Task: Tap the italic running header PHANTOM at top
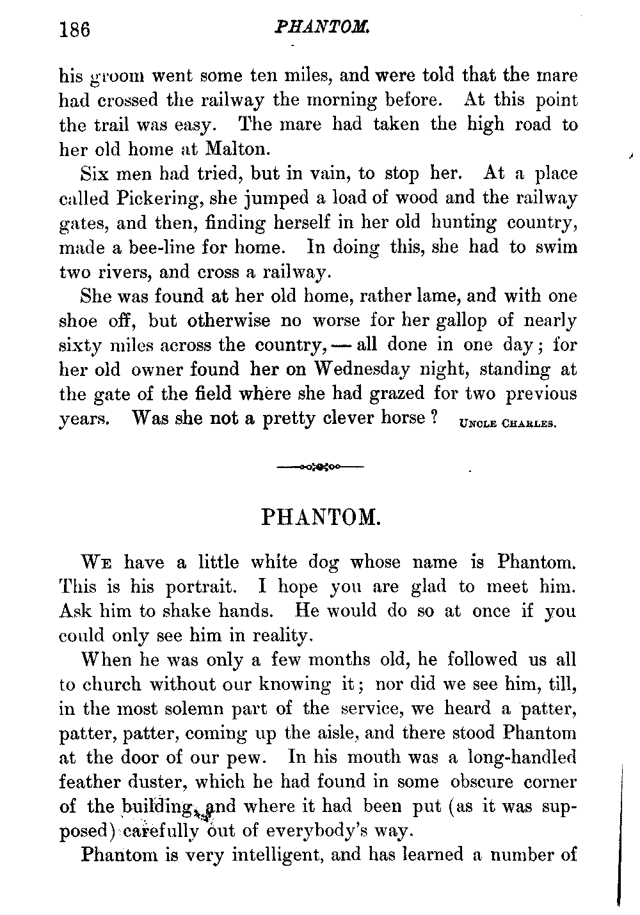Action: [x=321, y=28]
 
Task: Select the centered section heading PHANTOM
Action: [x=321, y=517]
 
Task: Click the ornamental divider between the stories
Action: [x=320, y=467]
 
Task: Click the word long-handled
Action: [x=522, y=757]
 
